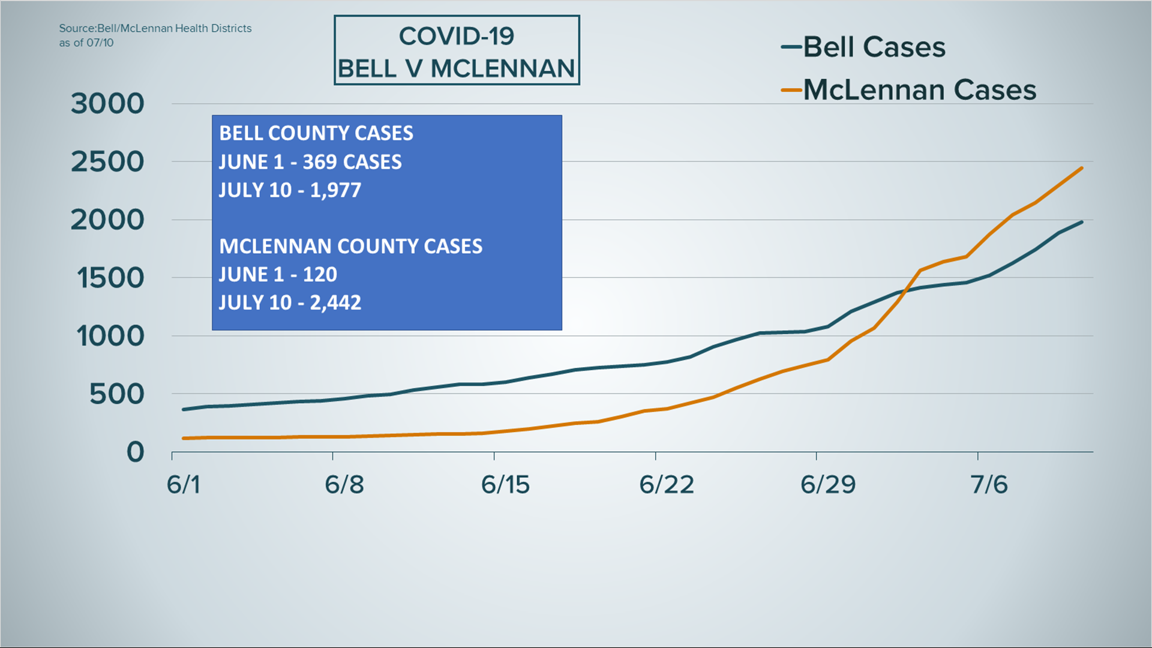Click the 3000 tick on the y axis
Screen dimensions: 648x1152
pyautogui.click(x=107, y=104)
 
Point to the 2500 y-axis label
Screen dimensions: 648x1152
pyautogui.click(x=107, y=162)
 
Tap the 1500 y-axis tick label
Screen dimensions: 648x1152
pyautogui.click(x=110, y=278)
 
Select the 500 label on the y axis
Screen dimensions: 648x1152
pyautogui.click(x=117, y=395)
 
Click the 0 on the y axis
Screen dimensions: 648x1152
pyautogui.click(x=136, y=452)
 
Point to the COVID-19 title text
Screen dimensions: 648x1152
pyautogui.click(x=457, y=37)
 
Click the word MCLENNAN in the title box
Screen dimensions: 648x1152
pyautogui.click(x=503, y=69)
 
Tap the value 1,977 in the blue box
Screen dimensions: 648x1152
pyautogui.click(x=335, y=190)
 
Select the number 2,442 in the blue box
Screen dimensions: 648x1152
pyautogui.click(x=335, y=302)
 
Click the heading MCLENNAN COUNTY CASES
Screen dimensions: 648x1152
pyautogui.click(x=350, y=247)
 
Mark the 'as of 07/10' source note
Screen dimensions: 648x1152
pyautogui.click(x=86, y=43)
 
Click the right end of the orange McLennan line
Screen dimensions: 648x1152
pyautogui.click(x=1082, y=168)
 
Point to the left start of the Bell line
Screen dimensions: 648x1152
pyautogui.click(x=184, y=410)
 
